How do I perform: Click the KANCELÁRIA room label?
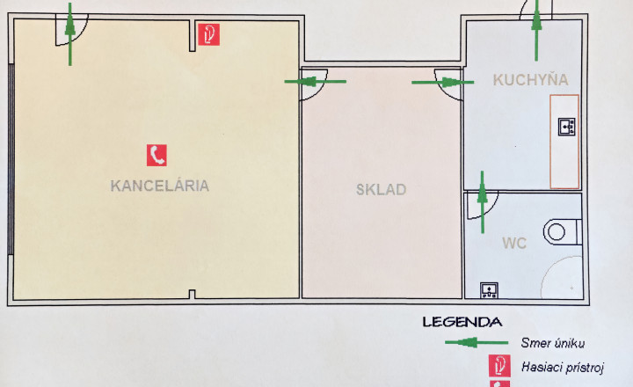point(159,186)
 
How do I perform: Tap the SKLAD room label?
point(381,189)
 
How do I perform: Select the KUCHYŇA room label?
point(530,79)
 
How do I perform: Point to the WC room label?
point(514,243)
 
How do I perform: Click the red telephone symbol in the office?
point(156,155)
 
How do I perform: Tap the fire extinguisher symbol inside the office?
point(208,34)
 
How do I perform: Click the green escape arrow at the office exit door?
point(70,34)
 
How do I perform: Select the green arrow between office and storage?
point(316,82)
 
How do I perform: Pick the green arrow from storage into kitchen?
point(442,83)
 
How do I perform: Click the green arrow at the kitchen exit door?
point(536,30)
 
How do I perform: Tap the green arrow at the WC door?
point(483,202)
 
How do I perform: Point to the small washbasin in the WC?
point(489,290)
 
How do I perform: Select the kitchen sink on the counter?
point(566,127)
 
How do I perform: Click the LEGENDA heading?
point(462,322)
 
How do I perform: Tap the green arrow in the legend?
point(477,342)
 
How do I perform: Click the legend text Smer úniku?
point(552,343)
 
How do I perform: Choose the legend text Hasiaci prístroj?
point(563,367)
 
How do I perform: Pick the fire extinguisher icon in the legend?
point(499,366)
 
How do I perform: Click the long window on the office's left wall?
point(11,159)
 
